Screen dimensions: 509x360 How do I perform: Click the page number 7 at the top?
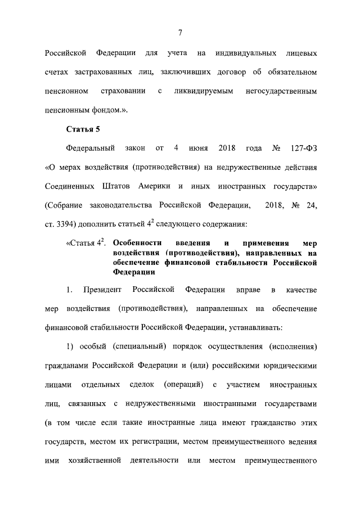click(181, 33)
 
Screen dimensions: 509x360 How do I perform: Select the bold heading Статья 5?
click(83, 130)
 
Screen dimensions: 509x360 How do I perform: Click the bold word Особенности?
click(137, 244)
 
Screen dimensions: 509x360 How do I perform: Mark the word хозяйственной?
click(92, 461)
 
